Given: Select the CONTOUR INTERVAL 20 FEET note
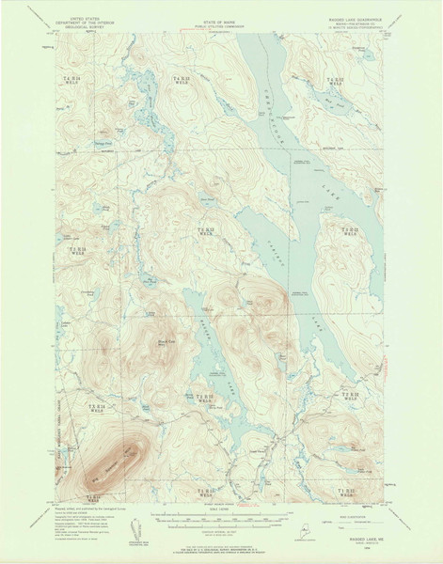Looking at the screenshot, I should pyautogui.click(x=221, y=532).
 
